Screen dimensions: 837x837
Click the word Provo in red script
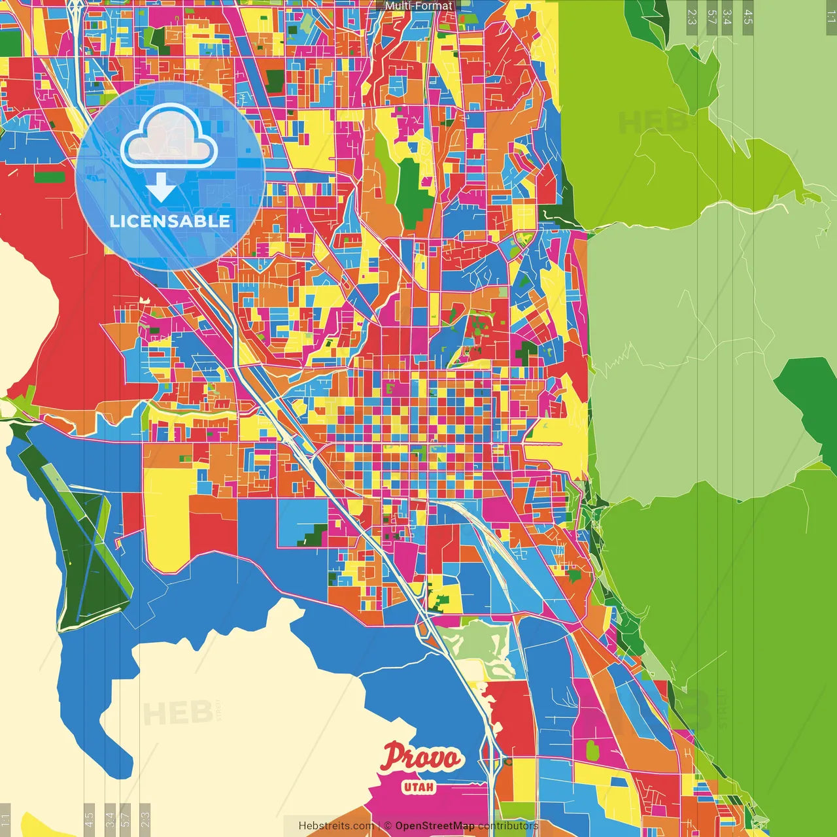click(x=422, y=758)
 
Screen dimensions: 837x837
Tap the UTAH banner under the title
click(x=418, y=787)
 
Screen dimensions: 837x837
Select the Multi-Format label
click(x=418, y=6)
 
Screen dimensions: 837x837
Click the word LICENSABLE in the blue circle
click(x=170, y=221)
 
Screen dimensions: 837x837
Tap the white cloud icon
click(x=169, y=136)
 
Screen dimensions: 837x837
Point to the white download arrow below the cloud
click(x=161, y=187)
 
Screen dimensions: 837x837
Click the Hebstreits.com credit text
click(x=336, y=826)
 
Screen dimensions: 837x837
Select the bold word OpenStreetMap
click(x=434, y=826)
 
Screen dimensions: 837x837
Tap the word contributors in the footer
click(x=507, y=826)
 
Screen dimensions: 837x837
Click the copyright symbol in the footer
click(x=388, y=826)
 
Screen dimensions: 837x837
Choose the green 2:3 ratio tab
click(x=692, y=17)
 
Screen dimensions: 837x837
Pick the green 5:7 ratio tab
click(x=711, y=17)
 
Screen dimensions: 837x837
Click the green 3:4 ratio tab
click(x=727, y=17)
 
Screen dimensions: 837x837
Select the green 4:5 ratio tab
click(x=748, y=17)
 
